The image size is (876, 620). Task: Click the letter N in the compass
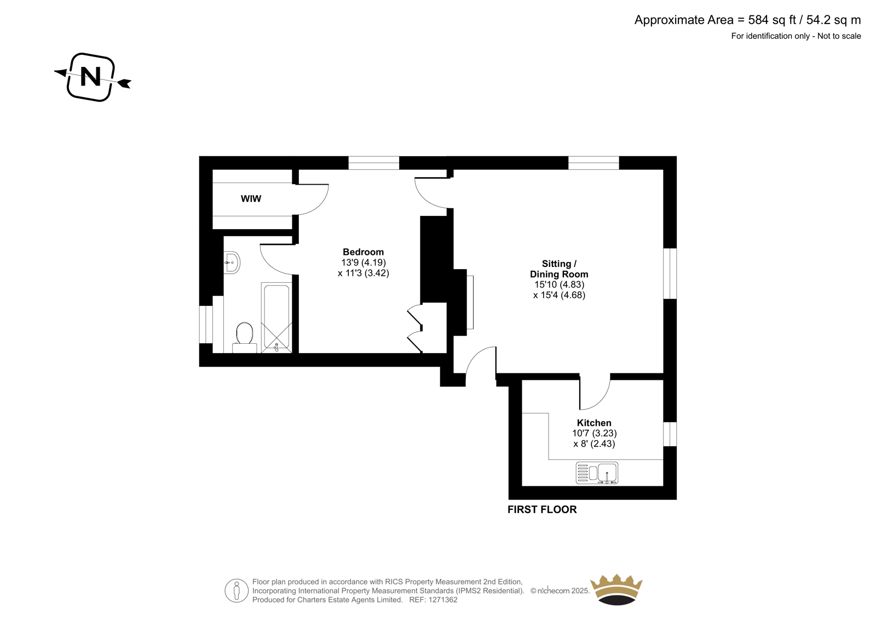pyautogui.click(x=91, y=77)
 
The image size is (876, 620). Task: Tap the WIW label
pyautogui.click(x=251, y=199)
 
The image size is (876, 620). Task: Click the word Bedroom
pyautogui.click(x=363, y=252)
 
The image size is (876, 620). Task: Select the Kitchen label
pyautogui.click(x=594, y=423)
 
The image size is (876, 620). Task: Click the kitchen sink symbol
pyautogui.click(x=597, y=473)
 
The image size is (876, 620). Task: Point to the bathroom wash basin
pyautogui.click(x=232, y=263)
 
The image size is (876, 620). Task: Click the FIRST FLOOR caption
pyautogui.click(x=542, y=509)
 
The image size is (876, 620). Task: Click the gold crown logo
pyautogui.click(x=616, y=589)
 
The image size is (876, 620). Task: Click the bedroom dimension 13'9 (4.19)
pyautogui.click(x=363, y=263)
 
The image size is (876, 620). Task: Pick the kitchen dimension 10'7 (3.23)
pyautogui.click(x=594, y=433)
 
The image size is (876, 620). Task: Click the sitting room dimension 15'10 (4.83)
pyautogui.click(x=559, y=285)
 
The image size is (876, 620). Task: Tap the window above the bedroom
pyautogui.click(x=374, y=163)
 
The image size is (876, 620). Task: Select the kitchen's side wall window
pyautogui.click(x=670, y=434)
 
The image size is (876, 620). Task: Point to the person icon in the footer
pyautogui.click(x=237, y=591)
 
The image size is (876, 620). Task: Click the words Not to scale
pyautogui.click(x=839, y=36)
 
